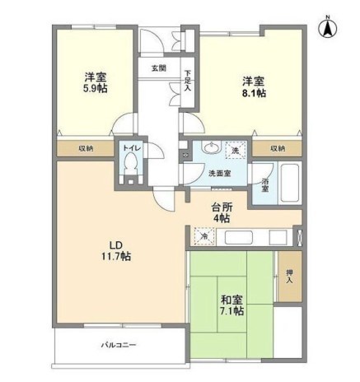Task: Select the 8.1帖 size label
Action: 253,94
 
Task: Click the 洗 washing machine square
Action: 236,151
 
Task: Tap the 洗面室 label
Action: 218,173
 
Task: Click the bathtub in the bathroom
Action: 290,181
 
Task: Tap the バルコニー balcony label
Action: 119,345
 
